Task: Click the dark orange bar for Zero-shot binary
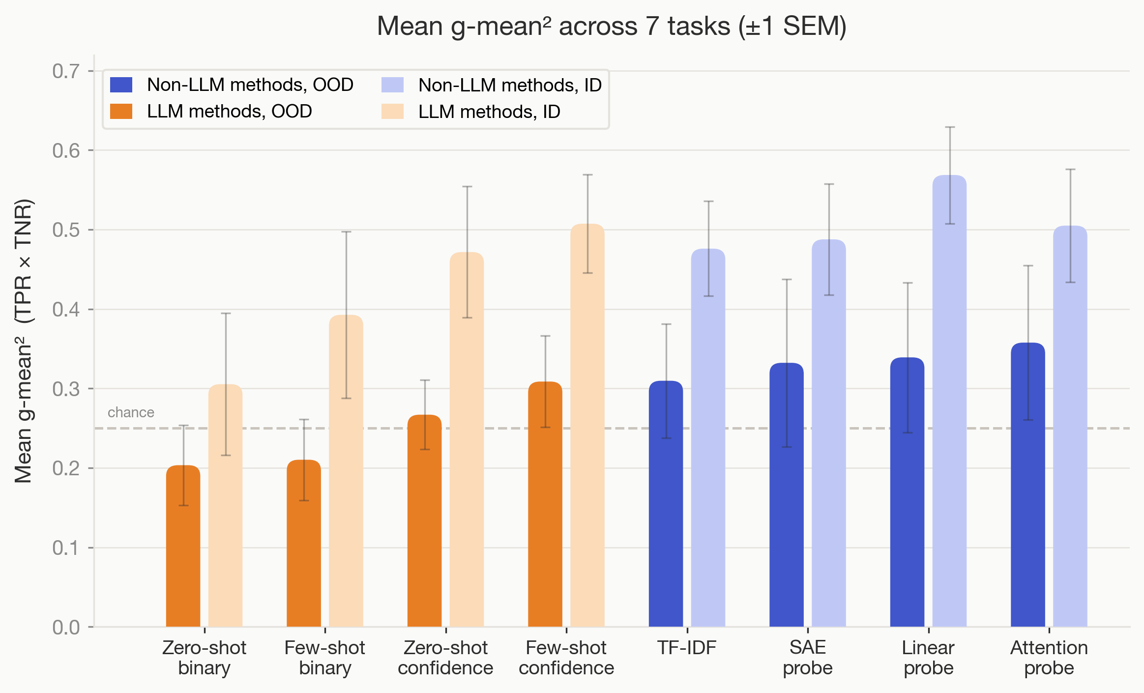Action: click(x=183, y=546)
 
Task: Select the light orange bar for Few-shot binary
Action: click(x=346, y=472)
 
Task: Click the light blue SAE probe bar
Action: click(x=828, y=433)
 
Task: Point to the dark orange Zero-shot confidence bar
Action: click(x=424, y=521)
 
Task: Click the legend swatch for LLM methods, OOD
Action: click(x=121, y=112)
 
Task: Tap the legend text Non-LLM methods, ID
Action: click(x=510, y=85)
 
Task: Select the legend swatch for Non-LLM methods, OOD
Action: click(x=121, y=85)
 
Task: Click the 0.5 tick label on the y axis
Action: click(x=66, y=230)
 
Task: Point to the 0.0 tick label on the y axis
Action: click(x=66, y=627)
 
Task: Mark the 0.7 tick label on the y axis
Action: click(x=66, y=71)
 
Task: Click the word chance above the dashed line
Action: click(x=131, y=412)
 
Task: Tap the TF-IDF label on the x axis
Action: click(x=687, y=648)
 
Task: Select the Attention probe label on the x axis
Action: click(x=1049, y=658)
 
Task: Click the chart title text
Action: click(x=611, y=26)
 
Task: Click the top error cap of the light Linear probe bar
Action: click(x=950, y=127)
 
